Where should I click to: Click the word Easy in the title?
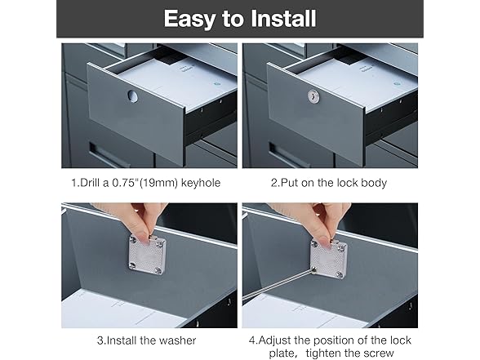[189, 18]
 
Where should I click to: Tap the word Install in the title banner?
[283, 18]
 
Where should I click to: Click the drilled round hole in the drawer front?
[133, 96]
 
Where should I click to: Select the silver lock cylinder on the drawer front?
[313, 96]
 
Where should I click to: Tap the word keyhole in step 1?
[201, 183]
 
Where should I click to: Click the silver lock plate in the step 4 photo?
[329, 259]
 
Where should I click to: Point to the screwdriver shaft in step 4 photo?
[278, 284]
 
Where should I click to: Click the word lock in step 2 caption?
[347, 183]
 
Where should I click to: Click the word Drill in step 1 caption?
[91, 183]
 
